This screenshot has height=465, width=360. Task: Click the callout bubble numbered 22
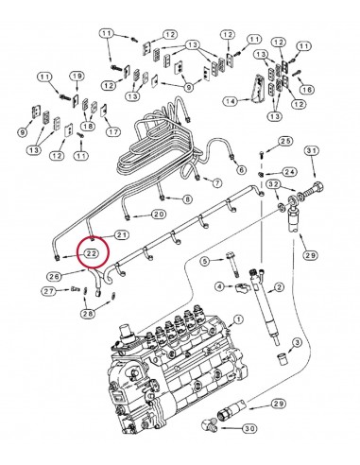coord(90,253)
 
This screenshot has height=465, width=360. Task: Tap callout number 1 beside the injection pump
coord(238,319)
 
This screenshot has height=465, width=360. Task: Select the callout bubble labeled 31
coord(312,151)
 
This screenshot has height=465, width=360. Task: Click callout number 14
coord(231,101)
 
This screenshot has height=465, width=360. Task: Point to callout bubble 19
coord(77,77)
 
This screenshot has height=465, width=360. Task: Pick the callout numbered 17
coord(113,132)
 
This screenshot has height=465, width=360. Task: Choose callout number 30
coord(249,428)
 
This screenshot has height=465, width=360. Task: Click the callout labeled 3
coord(297,342)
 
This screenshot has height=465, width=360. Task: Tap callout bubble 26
coord(54,277)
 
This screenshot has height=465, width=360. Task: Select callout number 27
coord(49,291)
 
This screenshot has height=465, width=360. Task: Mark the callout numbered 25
coord(285,142)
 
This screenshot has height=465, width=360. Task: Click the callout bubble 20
coord(159,215)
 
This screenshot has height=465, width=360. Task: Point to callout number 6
coord(241,170)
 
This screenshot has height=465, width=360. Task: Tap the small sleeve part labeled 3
coord(282,358)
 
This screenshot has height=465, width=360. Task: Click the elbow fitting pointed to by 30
coord(210,424)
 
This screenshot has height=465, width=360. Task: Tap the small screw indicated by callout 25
coord(262,154)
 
